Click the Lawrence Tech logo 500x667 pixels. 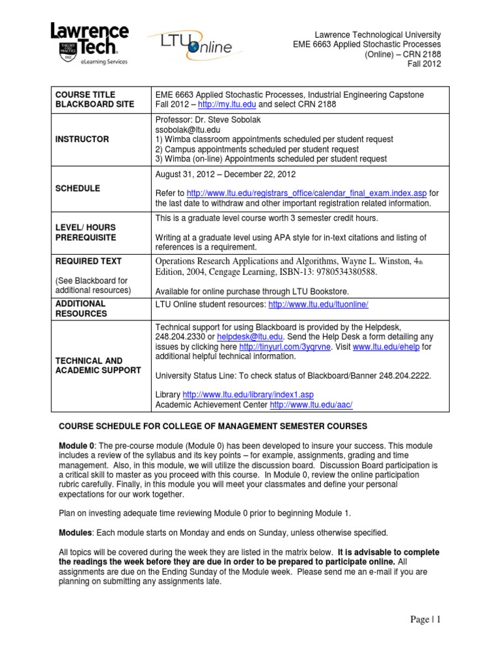(x=89, y=44)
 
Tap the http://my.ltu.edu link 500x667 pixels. (x=220, y=105)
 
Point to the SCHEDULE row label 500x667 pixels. (x=77, y=188)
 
